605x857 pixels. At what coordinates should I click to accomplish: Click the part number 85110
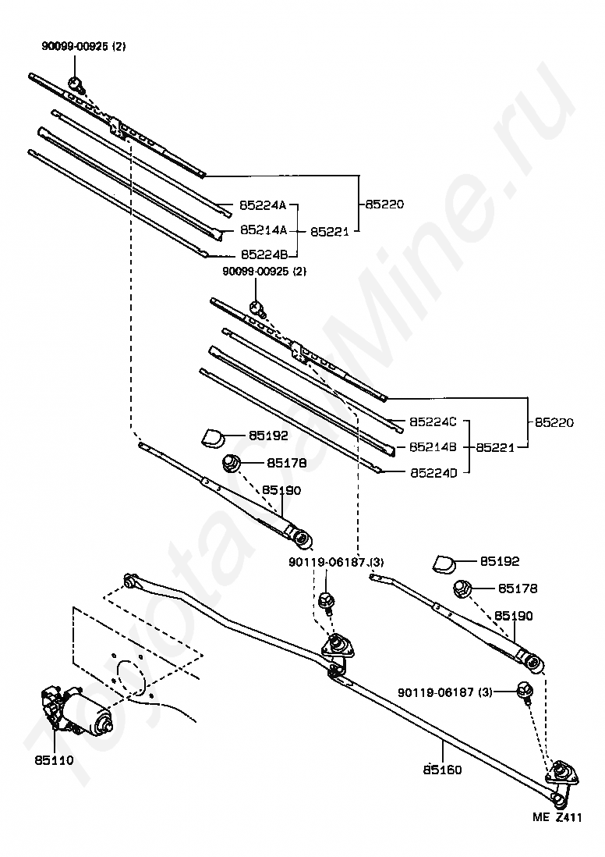coord(54,758)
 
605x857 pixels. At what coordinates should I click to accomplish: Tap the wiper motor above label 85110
coord(78,711)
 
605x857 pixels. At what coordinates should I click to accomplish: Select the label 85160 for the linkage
coord(443,770)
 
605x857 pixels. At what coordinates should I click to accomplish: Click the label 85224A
coord(263,205)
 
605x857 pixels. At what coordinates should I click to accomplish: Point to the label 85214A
coord(263,230)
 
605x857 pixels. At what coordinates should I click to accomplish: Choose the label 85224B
coord(263,254)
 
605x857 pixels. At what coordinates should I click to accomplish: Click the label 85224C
coord(431,422)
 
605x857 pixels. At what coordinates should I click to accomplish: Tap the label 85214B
coord(431,447)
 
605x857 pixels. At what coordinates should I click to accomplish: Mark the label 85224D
coord(431,471)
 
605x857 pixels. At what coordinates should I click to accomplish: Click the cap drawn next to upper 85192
coord(213,436)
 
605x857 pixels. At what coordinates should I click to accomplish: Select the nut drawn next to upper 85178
coord(232,463)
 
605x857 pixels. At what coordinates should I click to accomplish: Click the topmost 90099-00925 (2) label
coord(83,47)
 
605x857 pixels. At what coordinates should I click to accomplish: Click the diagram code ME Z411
coord(558,816)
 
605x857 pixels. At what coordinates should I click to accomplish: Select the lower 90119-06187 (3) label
coord(445,692)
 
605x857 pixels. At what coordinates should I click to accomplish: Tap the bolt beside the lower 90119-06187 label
coord(524,691)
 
